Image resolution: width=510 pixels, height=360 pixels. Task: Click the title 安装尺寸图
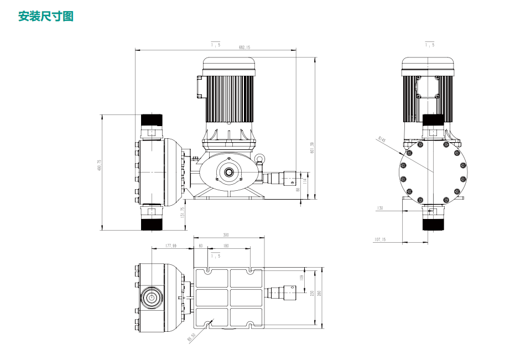point(46,17)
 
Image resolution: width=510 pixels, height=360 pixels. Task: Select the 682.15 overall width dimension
point(244,48)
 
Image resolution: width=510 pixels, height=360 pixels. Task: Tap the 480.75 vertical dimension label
point(100,165)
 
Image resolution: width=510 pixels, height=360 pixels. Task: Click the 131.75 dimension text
point(184,213)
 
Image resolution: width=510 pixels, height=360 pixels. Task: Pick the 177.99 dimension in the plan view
point(171,246)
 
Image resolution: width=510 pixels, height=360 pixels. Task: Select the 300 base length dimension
point(225,235)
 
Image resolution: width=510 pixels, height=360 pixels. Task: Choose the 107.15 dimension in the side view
point(379,239)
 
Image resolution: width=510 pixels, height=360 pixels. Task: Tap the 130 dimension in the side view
point(379,208)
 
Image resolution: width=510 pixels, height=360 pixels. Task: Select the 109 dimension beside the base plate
point(301,277)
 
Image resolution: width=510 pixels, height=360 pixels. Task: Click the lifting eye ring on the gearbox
point(259,160)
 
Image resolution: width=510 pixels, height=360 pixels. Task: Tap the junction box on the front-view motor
point(199,87)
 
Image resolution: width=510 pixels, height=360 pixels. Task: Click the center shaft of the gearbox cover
point(228,173)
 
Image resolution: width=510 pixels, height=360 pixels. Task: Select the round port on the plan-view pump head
point(150,297)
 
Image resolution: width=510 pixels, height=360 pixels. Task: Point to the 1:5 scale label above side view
point(429,44)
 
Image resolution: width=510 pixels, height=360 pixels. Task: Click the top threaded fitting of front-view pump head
point(150,121)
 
